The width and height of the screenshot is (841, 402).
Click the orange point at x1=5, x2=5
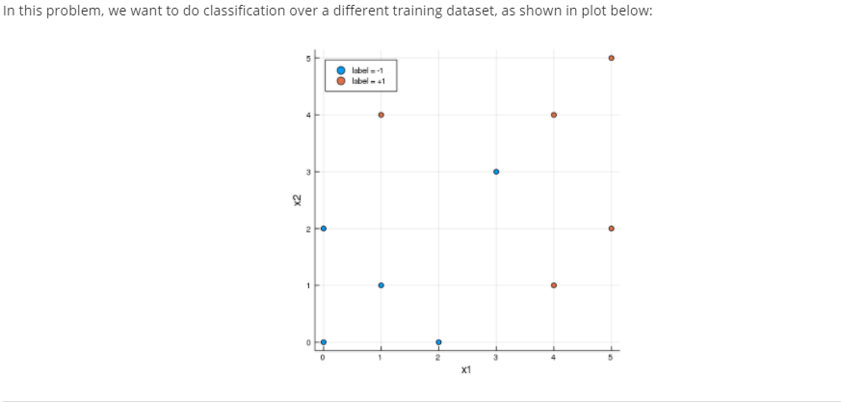[611, 58]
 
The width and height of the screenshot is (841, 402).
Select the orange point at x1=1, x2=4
[381, 115]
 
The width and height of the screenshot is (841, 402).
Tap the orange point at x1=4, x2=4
[553, 115]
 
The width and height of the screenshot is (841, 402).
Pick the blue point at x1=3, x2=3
[496, 172]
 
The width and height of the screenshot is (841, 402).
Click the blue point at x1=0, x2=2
[324, 228]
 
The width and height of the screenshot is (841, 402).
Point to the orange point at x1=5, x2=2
[611, 228]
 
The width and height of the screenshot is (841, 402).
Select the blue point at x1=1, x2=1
[381, 285]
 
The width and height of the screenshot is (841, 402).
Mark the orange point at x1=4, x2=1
[553, 285]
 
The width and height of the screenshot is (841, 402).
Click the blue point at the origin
[324, 342]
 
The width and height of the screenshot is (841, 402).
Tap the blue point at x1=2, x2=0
[438, 342]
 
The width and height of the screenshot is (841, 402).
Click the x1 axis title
[466, 370]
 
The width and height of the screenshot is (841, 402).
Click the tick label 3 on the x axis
[496, 358]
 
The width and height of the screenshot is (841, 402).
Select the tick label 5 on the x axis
[611, 358]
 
